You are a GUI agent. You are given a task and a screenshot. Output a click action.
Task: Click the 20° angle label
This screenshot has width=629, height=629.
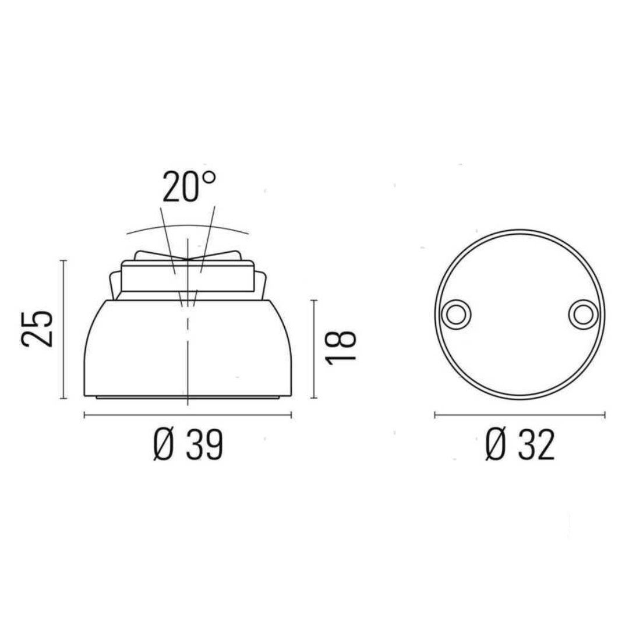click(188, 187)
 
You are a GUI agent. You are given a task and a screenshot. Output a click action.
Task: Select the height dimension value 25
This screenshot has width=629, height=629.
click(38, 328)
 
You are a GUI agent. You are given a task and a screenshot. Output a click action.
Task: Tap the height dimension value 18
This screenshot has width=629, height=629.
click(341, 348)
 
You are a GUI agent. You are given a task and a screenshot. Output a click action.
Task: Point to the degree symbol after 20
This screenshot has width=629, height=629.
click(208, 177)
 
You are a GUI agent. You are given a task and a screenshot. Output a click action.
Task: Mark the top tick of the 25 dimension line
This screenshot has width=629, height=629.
click(63, 261)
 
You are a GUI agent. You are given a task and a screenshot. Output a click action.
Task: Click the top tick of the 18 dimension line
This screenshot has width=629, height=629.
click(314, 300)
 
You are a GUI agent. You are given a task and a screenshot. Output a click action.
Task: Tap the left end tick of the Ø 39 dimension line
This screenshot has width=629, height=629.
click(85, 415)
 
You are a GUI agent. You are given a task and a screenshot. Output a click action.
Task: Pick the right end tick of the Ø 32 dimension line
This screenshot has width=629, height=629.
click(605, 415)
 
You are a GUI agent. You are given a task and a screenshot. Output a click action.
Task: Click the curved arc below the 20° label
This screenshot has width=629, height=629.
click(188, 226)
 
